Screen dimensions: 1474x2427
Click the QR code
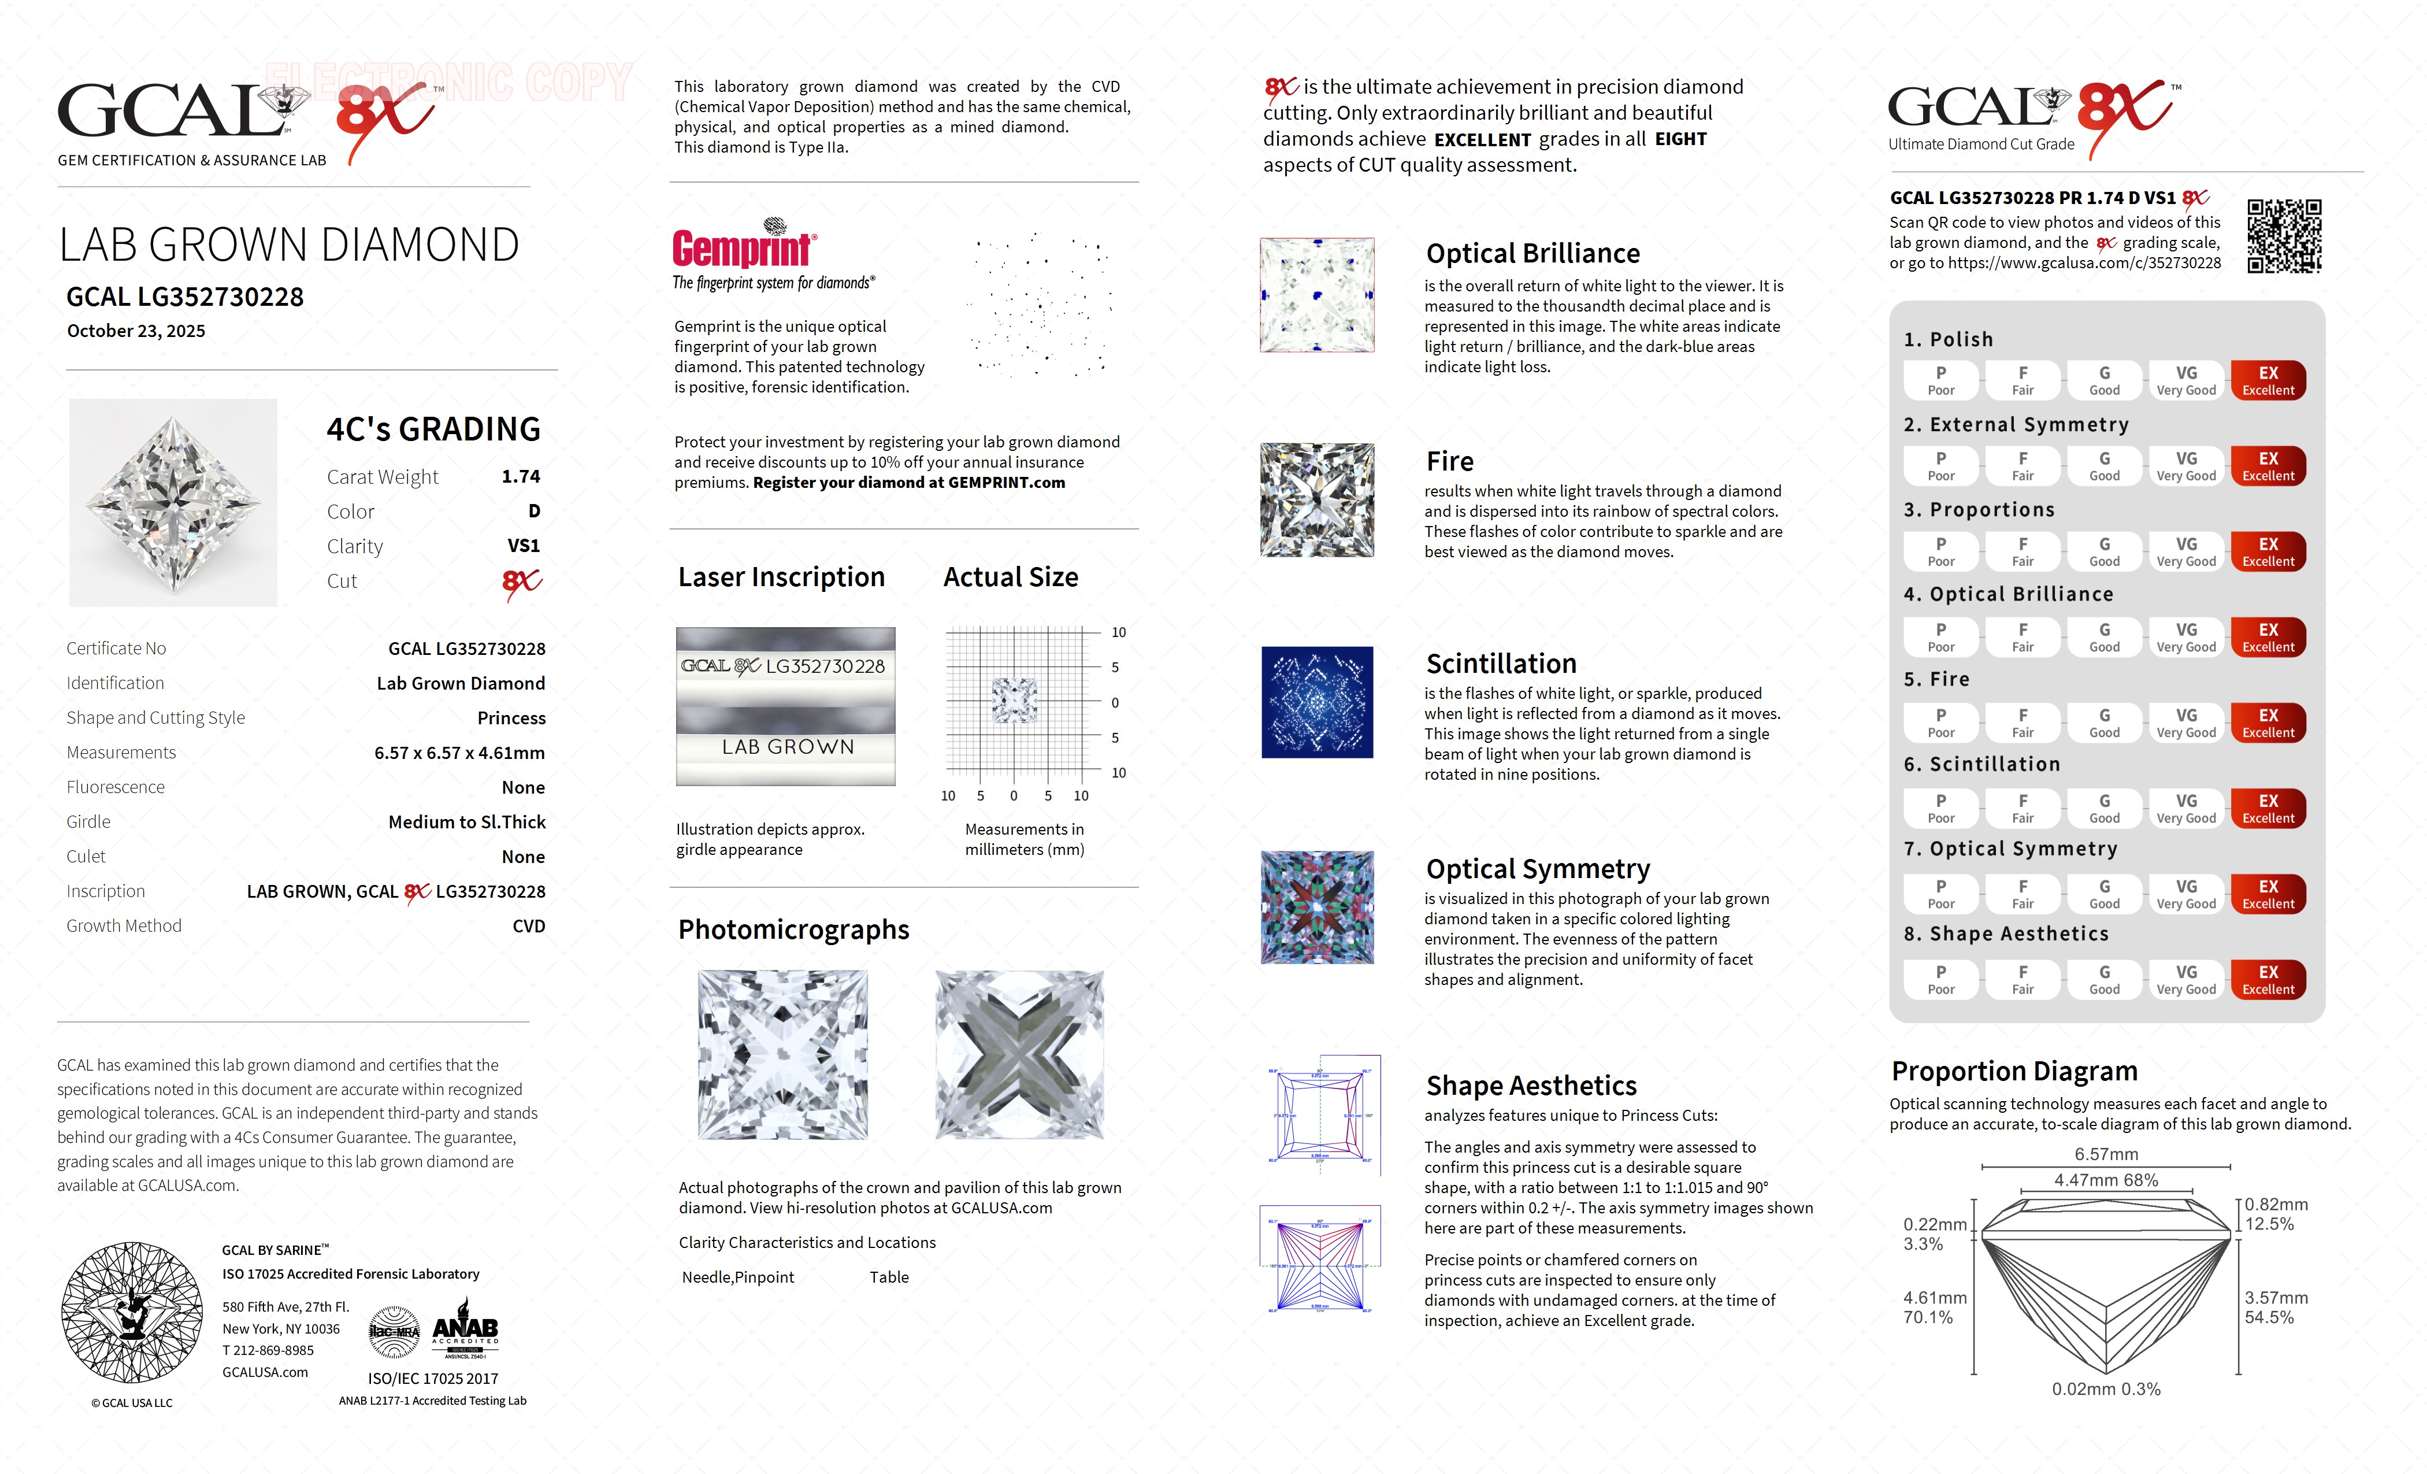[x=2283, y=236]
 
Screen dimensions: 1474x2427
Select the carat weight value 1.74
[x=521, y=477]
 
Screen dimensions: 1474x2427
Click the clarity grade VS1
[x=523, y=546]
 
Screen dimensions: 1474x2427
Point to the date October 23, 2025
[x=136, y=331]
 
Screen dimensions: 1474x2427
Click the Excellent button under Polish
[x=2268, y=380]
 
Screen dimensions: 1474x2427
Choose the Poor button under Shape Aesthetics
[x=1940, y=979]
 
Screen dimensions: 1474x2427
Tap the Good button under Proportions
[x=2104, y=552]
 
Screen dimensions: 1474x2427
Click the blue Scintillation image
[x=1317, y=702]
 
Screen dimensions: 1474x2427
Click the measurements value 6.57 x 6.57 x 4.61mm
[x=459, y=753]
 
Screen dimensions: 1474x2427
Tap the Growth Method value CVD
[x=528, y=926]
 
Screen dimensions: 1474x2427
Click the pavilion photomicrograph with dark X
[x=1019, y=1054]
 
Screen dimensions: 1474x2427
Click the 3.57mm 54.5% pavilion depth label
[x=2276, y=1308]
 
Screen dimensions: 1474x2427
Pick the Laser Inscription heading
[x=781, y=577]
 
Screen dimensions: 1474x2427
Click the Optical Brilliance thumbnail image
[x=1317, y=295]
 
